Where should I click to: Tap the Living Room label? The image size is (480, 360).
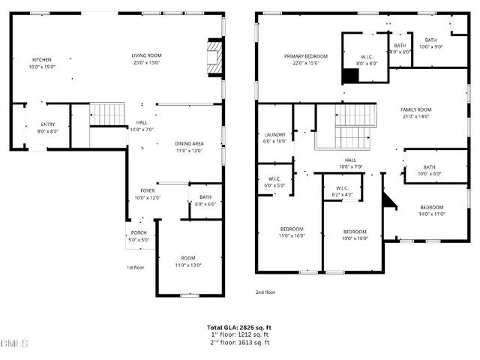click(x=147, y=58)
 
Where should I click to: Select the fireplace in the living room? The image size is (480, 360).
click(x=215, y=58)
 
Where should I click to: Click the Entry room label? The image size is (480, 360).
click(x=48, y=127)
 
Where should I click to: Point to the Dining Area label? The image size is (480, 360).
click(x=189, y=147)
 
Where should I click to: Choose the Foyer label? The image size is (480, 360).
click(x=147, y=194)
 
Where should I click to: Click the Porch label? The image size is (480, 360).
click(x=139, y=236)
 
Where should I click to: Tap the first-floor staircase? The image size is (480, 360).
click(x=108, y=115)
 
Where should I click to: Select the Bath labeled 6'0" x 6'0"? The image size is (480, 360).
click(x=205, y=201)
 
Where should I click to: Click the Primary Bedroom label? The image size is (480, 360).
click(x=306, y=60)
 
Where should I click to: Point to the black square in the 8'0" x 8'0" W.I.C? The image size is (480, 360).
click(x=350, y=76)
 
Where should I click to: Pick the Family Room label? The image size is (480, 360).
click(x=415, y=112)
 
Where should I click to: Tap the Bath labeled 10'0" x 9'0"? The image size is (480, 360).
click(x=430, y=44)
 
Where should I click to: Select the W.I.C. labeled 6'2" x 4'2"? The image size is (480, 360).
click(x=343, y=191)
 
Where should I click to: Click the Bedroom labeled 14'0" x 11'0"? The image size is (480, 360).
click(x=431, y=211)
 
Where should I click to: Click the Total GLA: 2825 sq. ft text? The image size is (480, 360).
click(x=239, y=328)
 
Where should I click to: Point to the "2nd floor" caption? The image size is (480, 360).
click(x=265, y=292)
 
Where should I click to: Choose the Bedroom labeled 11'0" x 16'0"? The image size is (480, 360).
click(x=292, y=232)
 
